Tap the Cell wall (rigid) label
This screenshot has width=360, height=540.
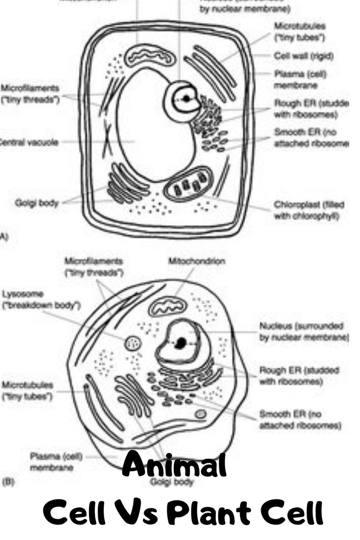(x=303, y=56)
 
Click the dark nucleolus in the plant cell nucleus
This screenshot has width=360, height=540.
(x=186, y=98)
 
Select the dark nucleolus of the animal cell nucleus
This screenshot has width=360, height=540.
(x=181, y=342)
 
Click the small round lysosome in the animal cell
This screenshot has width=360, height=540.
(x=132, y=343)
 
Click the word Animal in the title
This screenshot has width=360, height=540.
(x=175, y=466)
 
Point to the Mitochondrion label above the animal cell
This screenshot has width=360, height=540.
(x=197, y=261)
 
